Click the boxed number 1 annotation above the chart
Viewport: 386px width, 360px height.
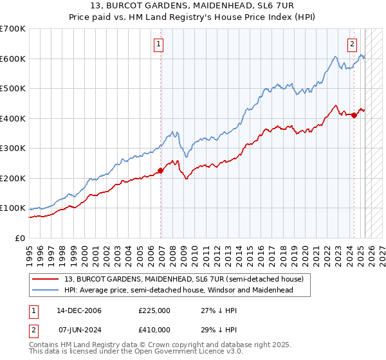click(x=158, y=44)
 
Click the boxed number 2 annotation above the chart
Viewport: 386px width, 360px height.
click(x=353, y=44)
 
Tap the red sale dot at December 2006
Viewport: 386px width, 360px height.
click(x=160, y=170)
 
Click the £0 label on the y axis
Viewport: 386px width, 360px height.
click(x=21, y=238)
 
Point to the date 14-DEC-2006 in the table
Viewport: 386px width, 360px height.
click(x=78, y=310)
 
